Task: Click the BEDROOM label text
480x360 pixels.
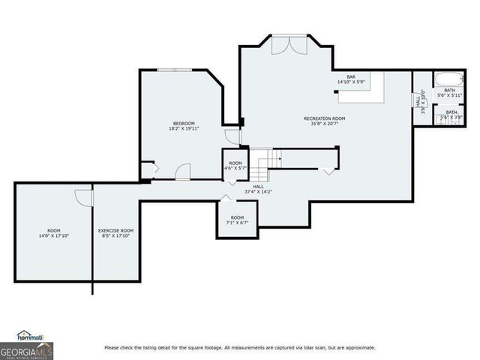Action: [x=184, y=123]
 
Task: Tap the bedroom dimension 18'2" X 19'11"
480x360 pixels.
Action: [x=184, y=129]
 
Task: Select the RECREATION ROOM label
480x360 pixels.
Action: [x=324, y=118]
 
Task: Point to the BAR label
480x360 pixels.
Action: [x=350, y=76]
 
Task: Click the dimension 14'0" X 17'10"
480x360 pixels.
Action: [x=53, y=235]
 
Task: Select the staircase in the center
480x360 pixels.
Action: [x=263, y=160]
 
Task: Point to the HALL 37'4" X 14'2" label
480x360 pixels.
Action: [x=259, y=189]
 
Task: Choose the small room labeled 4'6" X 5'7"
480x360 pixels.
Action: [x=235, y=166]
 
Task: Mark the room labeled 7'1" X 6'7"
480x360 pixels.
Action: [x=237, y=220]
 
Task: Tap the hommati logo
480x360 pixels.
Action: [x=31, y=336]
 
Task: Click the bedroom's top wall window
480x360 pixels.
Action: [x=175, y=70]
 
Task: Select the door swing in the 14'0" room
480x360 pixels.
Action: [x=83, y=197]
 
